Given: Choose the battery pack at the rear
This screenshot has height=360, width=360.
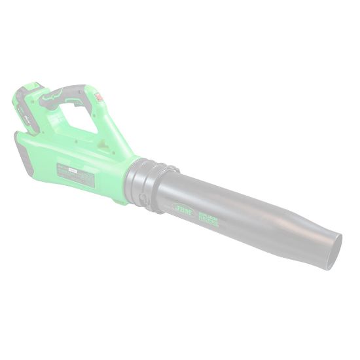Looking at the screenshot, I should pos(27,108).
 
